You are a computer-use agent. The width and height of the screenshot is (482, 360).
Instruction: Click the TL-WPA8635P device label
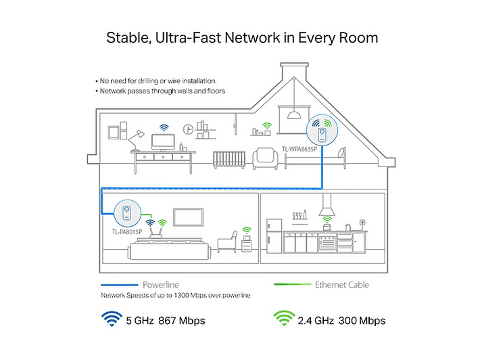(299, 150)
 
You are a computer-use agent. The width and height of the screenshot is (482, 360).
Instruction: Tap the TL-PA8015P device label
(127, 232)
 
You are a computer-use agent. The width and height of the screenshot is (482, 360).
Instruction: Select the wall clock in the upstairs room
(188, 129)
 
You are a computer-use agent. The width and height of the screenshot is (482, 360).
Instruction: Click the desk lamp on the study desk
(136, 139)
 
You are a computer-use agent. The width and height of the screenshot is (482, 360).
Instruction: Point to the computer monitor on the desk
(163, 142)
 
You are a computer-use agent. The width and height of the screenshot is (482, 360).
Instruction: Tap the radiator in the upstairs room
(229, 160)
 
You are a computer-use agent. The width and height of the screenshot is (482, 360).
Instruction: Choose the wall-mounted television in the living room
(188, 217)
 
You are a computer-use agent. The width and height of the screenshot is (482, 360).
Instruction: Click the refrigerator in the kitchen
(274, 236)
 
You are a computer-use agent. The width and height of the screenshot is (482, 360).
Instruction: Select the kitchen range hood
(327, 205)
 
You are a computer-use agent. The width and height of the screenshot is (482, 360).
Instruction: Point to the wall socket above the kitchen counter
(363, 222)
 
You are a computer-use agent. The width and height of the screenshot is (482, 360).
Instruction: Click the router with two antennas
(156, 233)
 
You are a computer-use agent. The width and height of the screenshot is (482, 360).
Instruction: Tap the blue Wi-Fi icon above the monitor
(164, 128)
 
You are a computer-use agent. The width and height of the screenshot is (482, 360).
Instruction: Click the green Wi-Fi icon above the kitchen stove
(327, 220)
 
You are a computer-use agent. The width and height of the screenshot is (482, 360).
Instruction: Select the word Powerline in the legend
(161, 285)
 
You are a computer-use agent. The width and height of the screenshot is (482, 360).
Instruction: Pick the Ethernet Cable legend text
(342, 285)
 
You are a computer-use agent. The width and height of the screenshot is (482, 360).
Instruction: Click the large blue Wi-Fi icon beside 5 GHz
(112, 319)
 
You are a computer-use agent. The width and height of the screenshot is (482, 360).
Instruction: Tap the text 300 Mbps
(362, 321)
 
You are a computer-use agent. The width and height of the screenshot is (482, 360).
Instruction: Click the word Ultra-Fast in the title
(188, 38)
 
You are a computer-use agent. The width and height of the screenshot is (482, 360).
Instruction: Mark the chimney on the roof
(294, 71)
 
